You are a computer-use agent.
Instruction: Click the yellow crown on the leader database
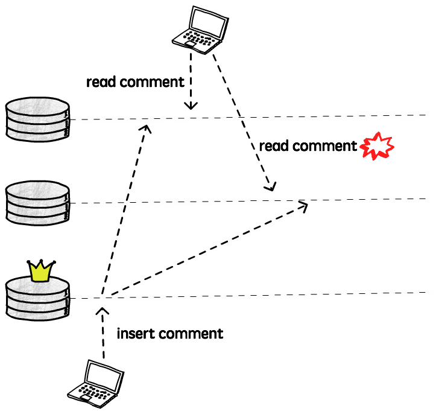pos(41,271)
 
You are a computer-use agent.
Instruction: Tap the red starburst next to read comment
pos(377,146)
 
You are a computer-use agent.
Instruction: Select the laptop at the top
pos(200,30)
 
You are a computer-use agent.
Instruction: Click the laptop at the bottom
pos(96,384)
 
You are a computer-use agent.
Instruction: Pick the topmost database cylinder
pos(37,119)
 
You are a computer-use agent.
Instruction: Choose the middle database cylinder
pos(37,203)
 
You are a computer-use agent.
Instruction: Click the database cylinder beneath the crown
pos(37,299)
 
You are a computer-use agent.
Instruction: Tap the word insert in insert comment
pos(135,333)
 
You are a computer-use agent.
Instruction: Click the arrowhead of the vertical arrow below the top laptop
pos(191,106)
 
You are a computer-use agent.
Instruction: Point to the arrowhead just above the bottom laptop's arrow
pos(103,311)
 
